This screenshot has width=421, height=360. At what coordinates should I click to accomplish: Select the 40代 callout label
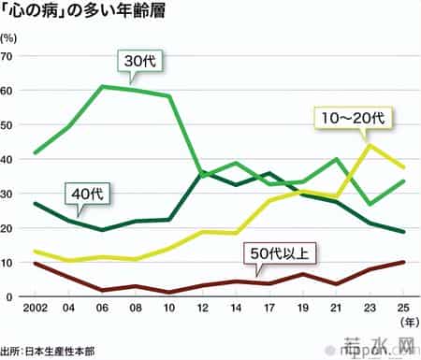(90, 194)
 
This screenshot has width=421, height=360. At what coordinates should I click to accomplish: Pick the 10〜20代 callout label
(355, 119)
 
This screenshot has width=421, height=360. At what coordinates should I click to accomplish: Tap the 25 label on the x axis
(403, 310)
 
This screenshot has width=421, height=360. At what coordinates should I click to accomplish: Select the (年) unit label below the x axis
(403, 324)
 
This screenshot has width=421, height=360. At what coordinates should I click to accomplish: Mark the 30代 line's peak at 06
(102, 86)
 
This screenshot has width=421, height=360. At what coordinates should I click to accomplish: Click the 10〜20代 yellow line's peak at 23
(370, 144)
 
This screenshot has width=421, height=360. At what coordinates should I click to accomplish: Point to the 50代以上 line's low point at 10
(169, 293)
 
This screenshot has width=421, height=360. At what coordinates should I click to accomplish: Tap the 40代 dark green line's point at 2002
(35, 203)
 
